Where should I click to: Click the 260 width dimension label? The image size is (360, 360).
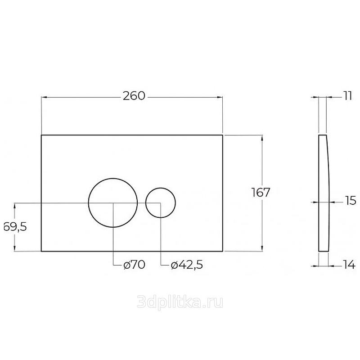pos(134,96)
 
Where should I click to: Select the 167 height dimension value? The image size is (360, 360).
pos(261,193)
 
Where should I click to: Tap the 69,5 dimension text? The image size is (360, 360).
pos(15,227)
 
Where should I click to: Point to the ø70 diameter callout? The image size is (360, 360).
pos(134,265)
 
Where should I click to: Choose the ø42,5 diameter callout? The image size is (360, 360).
pos(187,265)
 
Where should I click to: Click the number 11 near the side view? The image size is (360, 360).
pos(348,96)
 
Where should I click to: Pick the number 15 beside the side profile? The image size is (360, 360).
pos(351,201)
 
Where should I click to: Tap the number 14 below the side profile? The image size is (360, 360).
pos(349,265)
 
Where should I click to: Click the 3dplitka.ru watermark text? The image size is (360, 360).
pos(180,302)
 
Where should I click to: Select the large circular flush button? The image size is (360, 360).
pos(113,178)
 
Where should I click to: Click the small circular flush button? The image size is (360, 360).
pos(161,188)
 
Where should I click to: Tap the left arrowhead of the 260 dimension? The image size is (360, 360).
pos(44,98)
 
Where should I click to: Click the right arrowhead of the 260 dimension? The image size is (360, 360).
pos(220,98)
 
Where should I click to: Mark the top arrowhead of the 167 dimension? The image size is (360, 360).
pos(262,138)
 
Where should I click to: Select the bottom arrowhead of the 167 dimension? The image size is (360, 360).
pos(262,249)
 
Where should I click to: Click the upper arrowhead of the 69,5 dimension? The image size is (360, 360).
pos(15,206)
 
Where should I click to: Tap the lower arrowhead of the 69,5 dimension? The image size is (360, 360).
pos(15,249)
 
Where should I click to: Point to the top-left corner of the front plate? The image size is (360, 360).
pos(41,135)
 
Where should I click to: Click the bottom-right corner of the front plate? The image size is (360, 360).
pos(222,252)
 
